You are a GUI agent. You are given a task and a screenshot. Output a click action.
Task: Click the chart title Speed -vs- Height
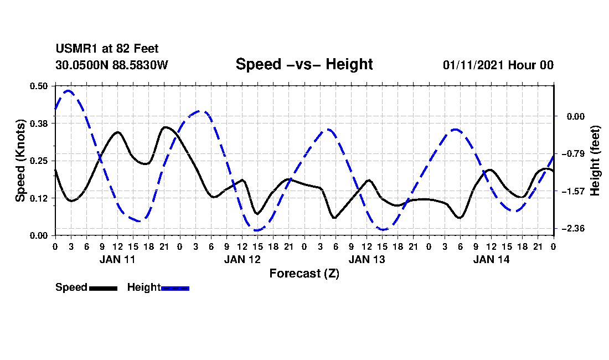pyautogui.click(x=304, y=64)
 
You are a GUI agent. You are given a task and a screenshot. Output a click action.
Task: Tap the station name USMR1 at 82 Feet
pyautogui.click(x=107, y=49)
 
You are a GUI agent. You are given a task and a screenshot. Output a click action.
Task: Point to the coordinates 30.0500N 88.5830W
pyautogui.click(x=111, y=65)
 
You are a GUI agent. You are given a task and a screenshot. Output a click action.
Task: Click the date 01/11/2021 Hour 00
pyautogui.click(x=498, y=65)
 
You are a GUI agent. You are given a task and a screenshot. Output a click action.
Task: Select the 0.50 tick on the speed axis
pyautogui.click(x=39, y=86)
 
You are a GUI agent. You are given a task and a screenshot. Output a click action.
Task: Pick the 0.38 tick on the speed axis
pyautogui.click(x=39, y=123)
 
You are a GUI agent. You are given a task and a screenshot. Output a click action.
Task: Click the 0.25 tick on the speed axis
pyautogui.click(x=39, y=161)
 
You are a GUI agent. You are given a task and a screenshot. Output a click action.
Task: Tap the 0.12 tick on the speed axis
pyautogui.click(x=39, y=198)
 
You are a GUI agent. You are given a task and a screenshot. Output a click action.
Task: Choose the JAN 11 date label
pyautogui.click(x=117, y=259)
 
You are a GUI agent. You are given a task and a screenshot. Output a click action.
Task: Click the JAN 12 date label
pyautogui.click(x=242, y=259)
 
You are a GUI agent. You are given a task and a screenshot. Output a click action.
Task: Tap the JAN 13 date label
pyautogui.click(x=367, y=259)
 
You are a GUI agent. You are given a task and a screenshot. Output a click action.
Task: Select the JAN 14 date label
pyautogui.click(x=491, y=259)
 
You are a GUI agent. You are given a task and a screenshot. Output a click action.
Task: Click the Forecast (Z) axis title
pyautogui.click(x=304, y=274)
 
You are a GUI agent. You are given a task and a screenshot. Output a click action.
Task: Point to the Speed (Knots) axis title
pyautogui.click(x=20, y=161)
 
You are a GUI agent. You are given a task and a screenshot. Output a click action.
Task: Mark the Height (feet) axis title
pyautogui.click(x=596, y=161)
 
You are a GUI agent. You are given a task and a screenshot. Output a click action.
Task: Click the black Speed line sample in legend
pyautogui.click(x=103, y=288)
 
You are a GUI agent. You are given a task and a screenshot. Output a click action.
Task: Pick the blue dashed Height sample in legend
pyautogui.click(x=175, y=288)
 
